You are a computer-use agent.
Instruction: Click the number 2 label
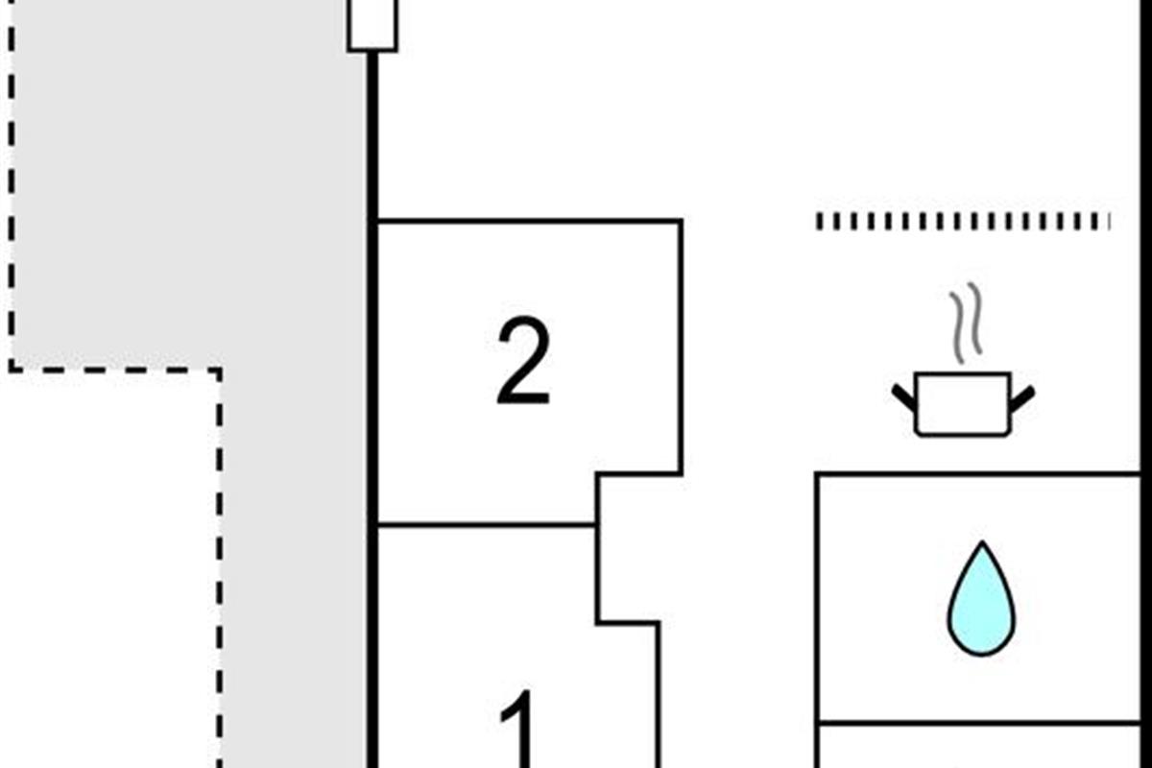[x=523, y=363]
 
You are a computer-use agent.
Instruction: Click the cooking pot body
[x=963, y=404]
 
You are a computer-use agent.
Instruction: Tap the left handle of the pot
[x=903, y=396]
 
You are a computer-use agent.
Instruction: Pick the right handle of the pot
[x=1022, y=396]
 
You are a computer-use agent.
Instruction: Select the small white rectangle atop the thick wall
[x=372, y=23]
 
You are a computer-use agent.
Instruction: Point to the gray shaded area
[x=192, y=192]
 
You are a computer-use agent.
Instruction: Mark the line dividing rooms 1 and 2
[x=485, y=525]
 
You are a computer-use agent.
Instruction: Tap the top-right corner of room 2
[x=681, y=222]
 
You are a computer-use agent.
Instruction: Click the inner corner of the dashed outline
[x=219, y=369]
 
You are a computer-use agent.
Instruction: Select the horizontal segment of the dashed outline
[x=115, y=368]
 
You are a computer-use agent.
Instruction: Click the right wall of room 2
[x=681, y=346]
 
